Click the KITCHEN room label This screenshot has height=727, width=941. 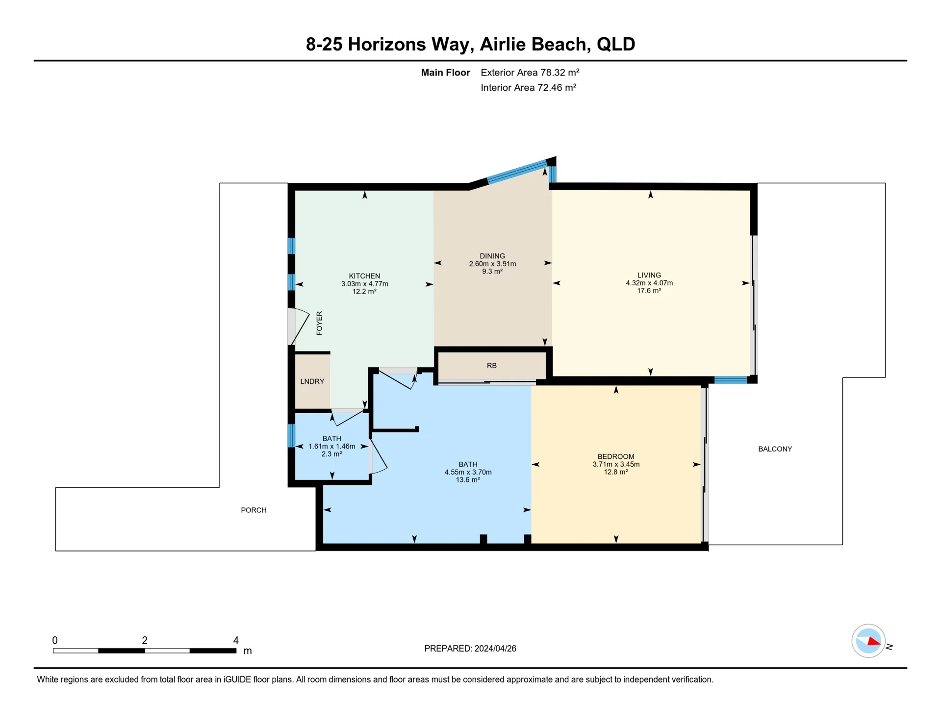pyautogui.click(x=364, y=276)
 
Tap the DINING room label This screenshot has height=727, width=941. pyautogui.click(x=492, y=256)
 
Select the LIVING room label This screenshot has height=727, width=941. pyautogui.click(x=649, y=275)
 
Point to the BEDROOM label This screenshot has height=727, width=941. pyautogui.click(x=616, y=456)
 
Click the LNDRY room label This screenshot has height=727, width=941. pyautogui.click(x=312, y=381)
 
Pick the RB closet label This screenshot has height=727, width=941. pyautogui.click(x=492, y=366)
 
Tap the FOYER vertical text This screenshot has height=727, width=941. pyautogui.click(x=319, y=323)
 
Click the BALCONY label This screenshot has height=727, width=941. pyautogui.click(x=775, y=449)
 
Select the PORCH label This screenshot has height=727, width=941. pyautogui.click(x=254, y=510)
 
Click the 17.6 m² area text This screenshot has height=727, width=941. pyautogui.click(x=649, y=291)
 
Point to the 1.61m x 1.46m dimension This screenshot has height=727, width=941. pyautogui.click(x=332, y=447)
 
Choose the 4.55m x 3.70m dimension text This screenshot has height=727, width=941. pyautogui.click(x=468, y=472)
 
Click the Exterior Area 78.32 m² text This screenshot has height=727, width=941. pyautogui.click(x=530, y=73)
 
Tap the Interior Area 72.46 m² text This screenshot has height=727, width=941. pyautogui.click(x=529, y=88)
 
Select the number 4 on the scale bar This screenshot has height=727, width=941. pyautogui.click(x=236, y=640)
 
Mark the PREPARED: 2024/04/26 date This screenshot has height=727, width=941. pyautogui.click(x=470, y=649)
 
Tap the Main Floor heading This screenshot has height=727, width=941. pyautogui.click(x=446, y=73)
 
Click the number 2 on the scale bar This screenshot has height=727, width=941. pyautogui.click(x=145, y=640)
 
